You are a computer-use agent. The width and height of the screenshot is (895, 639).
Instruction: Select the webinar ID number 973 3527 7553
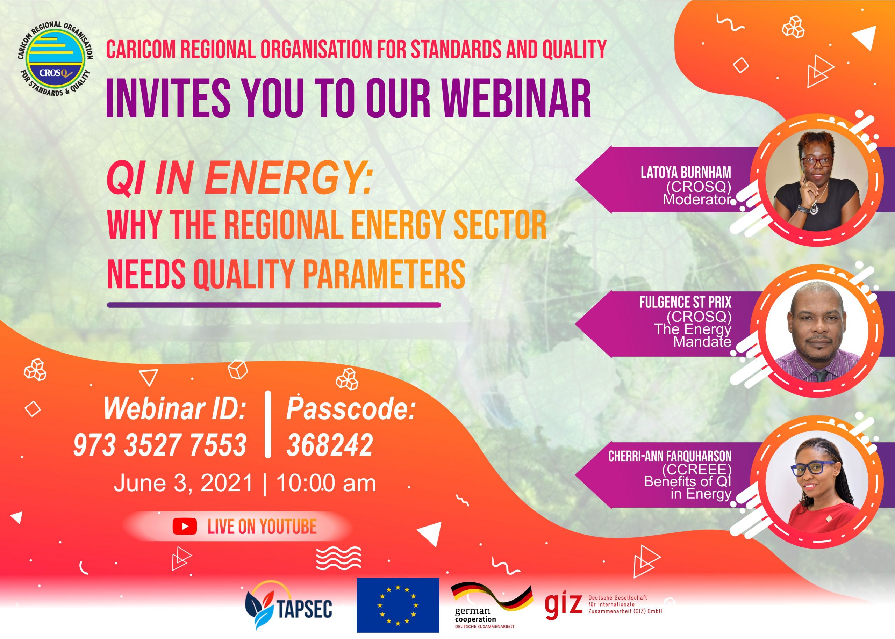[x=160, y=445]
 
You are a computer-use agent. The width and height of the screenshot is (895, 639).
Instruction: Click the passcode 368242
[x=330, y=445]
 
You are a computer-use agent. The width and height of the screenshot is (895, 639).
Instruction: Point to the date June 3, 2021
[x=183, y=483]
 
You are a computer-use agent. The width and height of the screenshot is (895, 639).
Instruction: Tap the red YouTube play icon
[x=184, y=527]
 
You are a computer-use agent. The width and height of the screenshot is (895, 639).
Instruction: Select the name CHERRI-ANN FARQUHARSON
[x=670, y=456]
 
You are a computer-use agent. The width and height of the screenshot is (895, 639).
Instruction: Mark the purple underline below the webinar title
[x=274, y=305]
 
